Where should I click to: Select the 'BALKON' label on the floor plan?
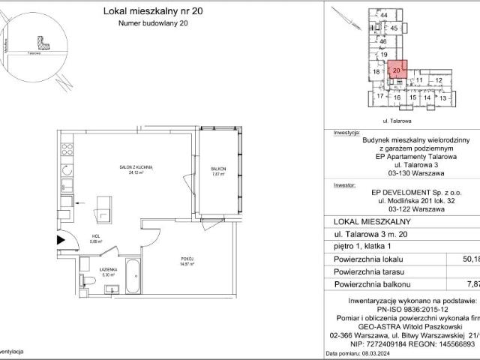[218, 169]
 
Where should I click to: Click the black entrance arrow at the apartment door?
[61, 240]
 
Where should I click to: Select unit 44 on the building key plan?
[383, 15]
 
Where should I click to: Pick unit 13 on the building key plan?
[442, 97]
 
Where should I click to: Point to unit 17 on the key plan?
[380, 96]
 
